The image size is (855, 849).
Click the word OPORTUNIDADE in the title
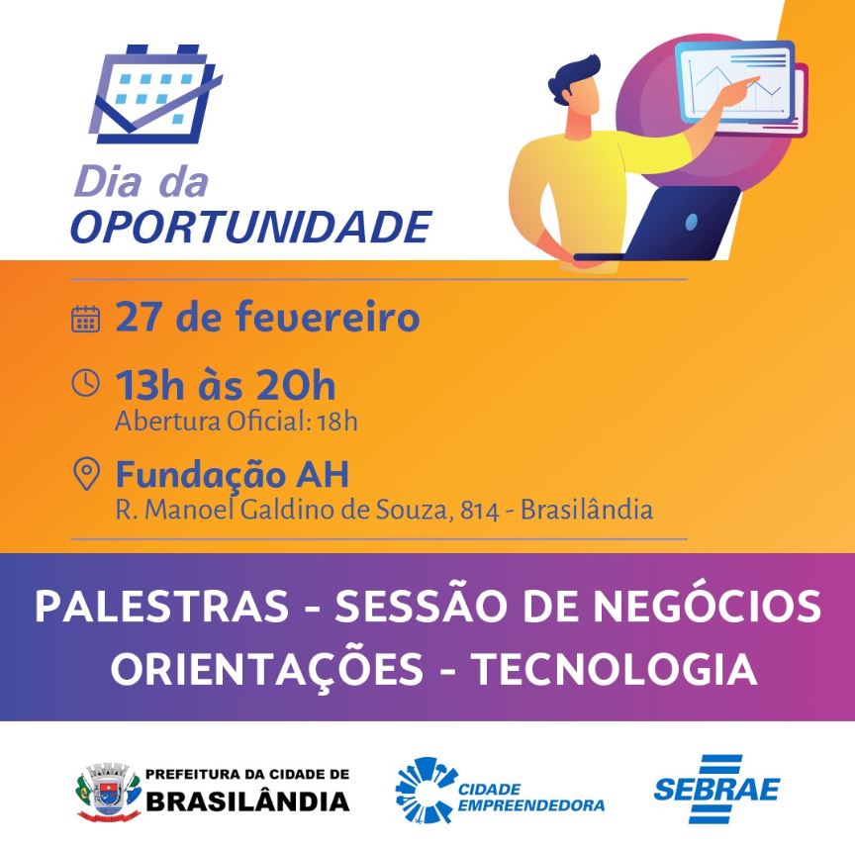point(251,227)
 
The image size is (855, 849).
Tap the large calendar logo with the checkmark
point(155,94)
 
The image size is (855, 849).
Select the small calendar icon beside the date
point(86,319)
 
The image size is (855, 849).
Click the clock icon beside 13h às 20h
point(86,382)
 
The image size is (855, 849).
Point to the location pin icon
point(86,474)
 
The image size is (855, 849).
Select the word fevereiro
point(328,317)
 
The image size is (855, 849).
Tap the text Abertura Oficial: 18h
point(237,422)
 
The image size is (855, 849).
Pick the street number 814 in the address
point(479,511)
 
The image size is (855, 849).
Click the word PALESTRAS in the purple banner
point(162,606)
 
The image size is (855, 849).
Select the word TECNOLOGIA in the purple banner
point(615,669)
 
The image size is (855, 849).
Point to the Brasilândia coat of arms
point(109,793)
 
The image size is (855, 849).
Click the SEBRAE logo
point(717,789)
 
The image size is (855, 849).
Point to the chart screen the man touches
point(734,81)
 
